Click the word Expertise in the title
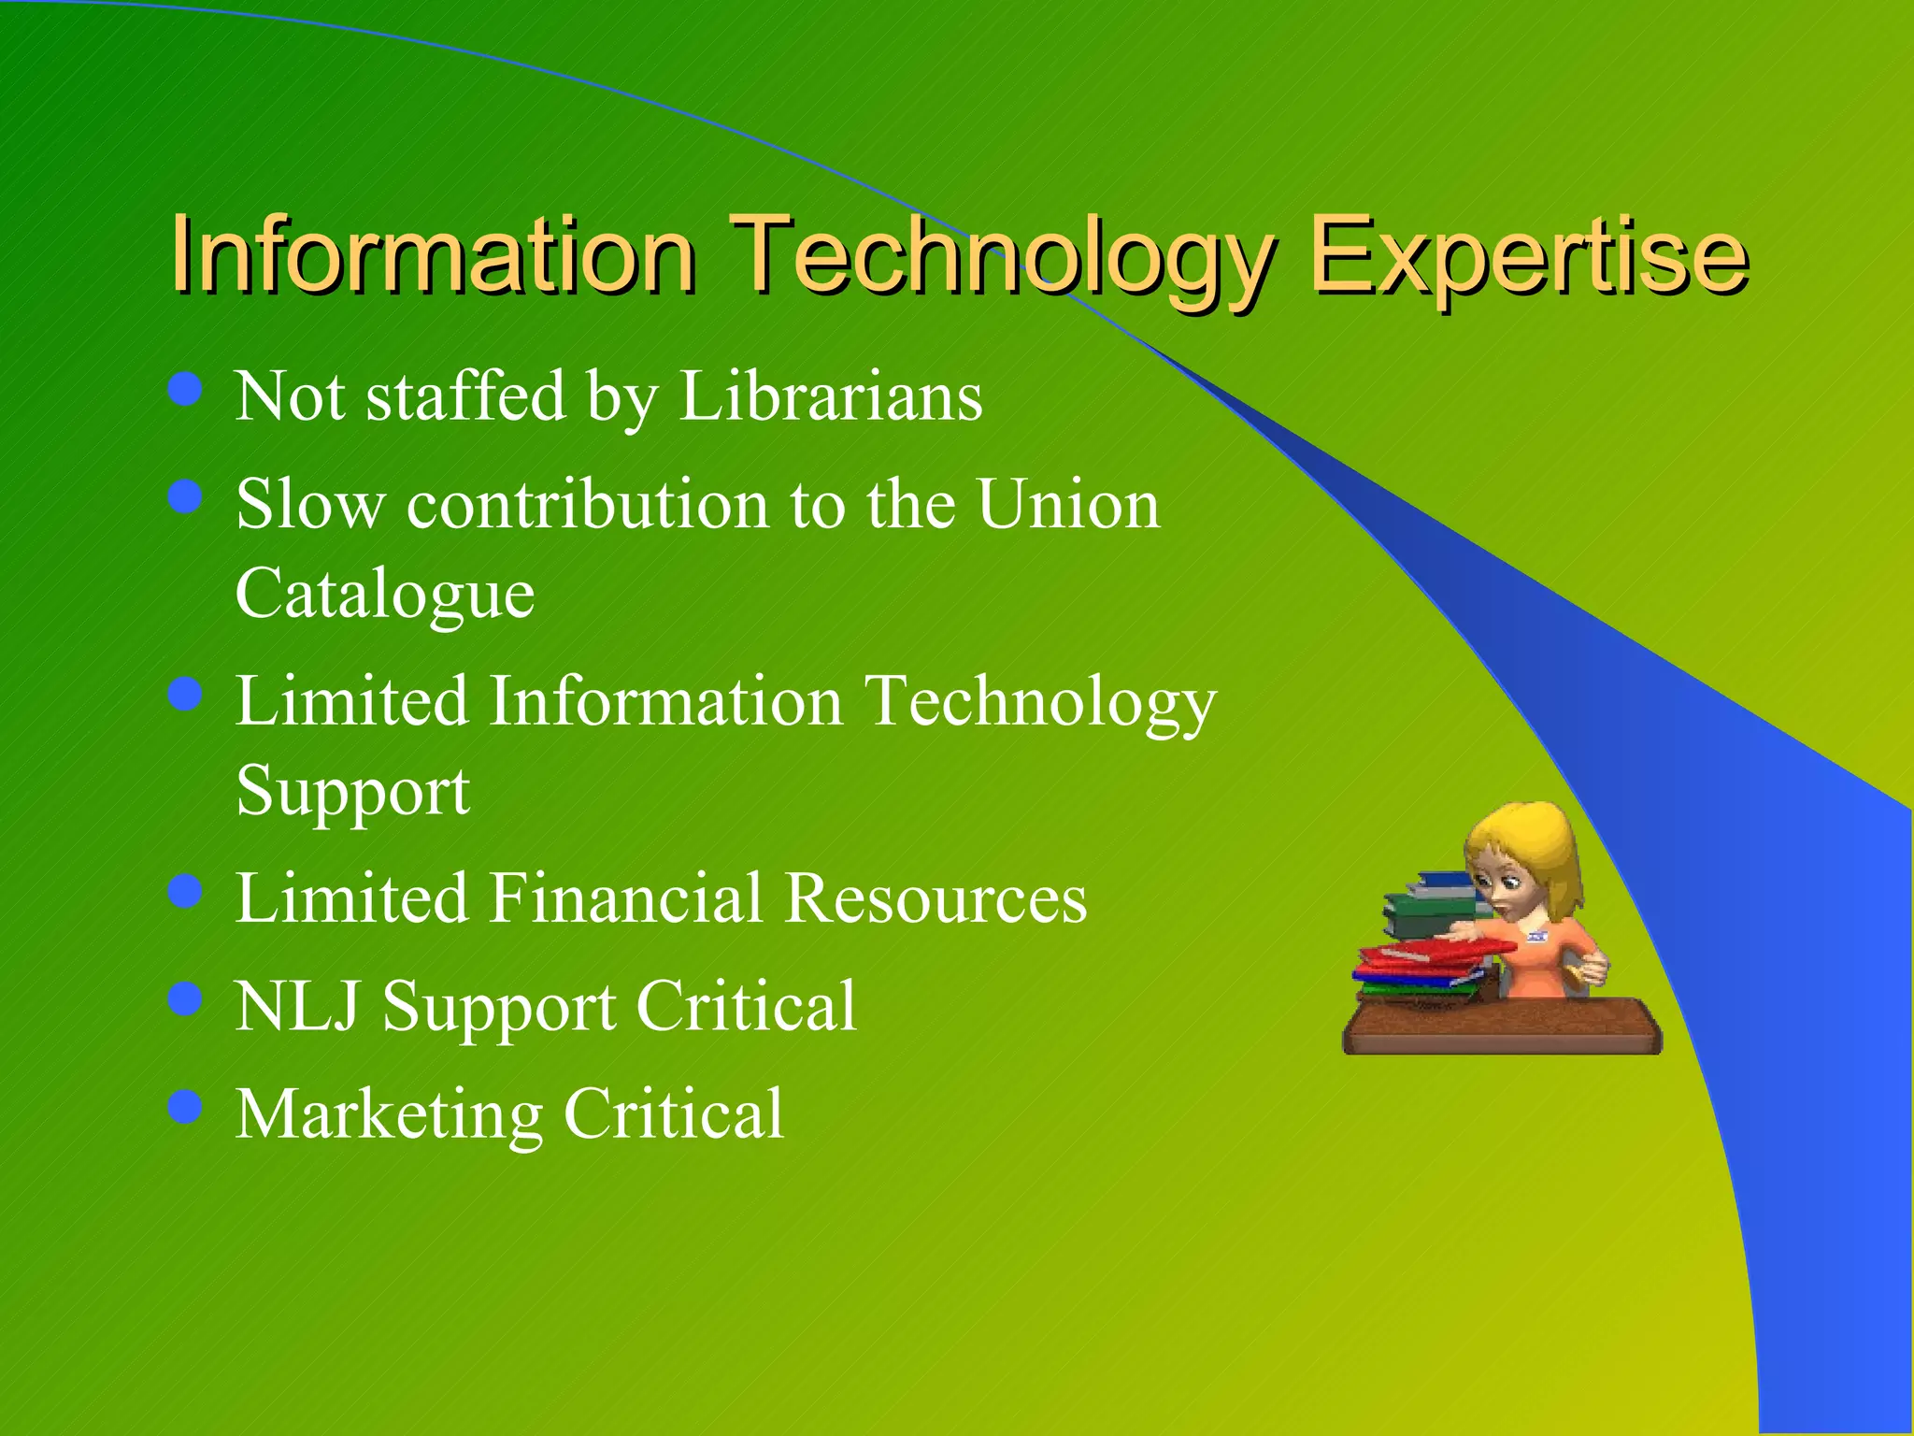(x=1528, y=254)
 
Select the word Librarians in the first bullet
(x=831, y=396)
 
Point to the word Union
(x=1068, y=504)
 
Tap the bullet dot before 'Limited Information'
(x=186, y=695)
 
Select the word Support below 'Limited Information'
(x=352, y=792)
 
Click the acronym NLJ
(x=297, y=1006)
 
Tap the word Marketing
(x=389, y=1114)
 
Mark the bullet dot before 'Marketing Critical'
(x=186, y=1107)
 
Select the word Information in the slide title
(x=433, y=254)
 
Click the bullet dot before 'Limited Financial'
(x=186, y=891)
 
